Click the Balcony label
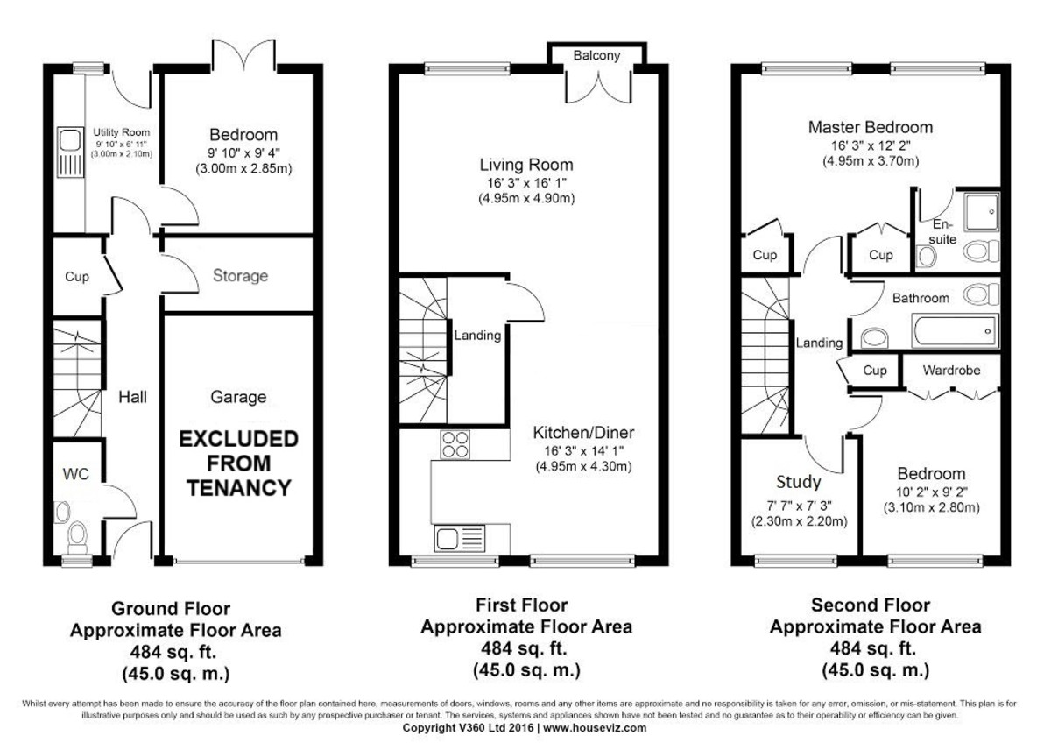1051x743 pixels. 596,56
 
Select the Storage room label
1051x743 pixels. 240,276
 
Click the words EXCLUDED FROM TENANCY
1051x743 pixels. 239,463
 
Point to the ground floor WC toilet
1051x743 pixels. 77,534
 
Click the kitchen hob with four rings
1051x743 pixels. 454,445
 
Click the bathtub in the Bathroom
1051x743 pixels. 955,331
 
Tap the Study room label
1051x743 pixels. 799,482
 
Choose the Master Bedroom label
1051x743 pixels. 870,127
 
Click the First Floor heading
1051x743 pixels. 521,605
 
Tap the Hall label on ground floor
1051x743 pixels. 133,397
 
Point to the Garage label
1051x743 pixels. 238,397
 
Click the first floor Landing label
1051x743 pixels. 477,335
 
